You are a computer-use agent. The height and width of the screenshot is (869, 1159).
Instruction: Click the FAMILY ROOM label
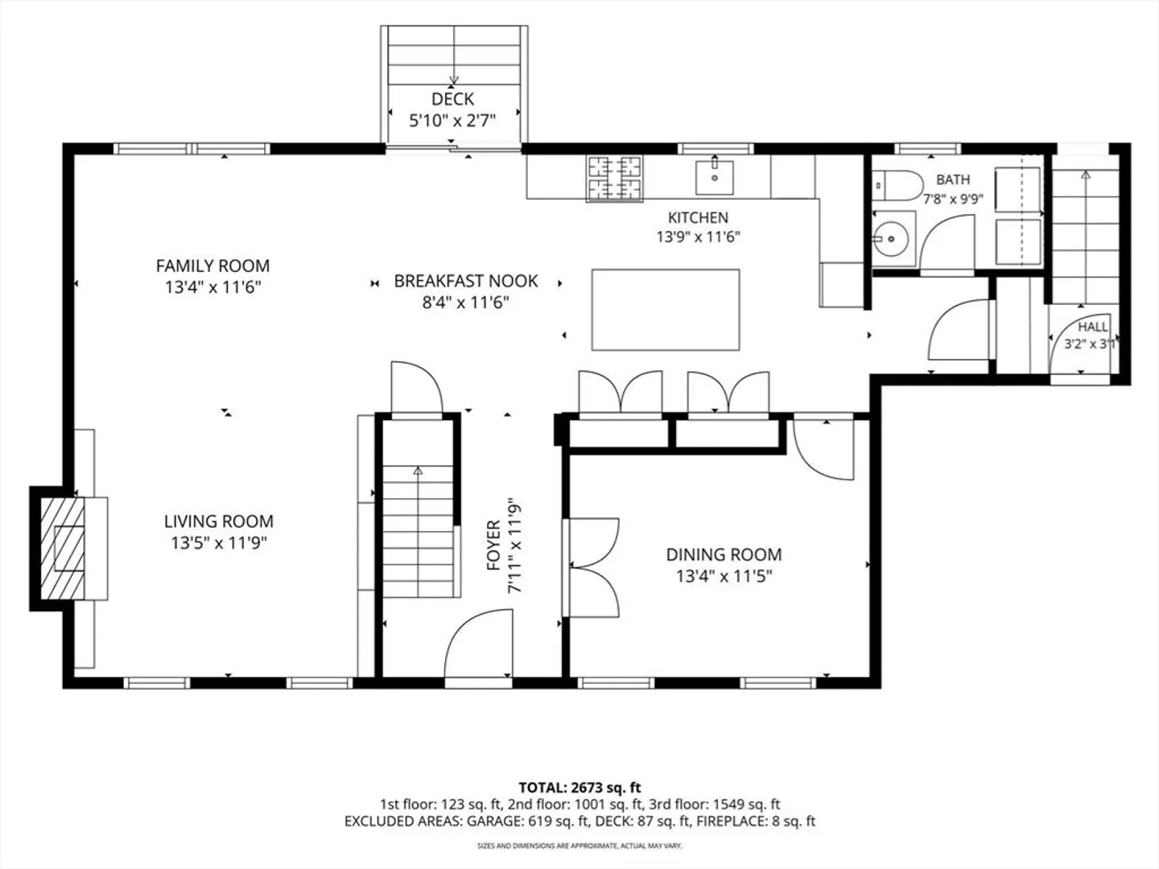(x=212, y=266)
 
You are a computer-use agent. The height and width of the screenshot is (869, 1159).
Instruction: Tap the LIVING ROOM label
(x=219, y=521)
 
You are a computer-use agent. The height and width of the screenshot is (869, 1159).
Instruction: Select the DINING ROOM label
(x=724, y=554)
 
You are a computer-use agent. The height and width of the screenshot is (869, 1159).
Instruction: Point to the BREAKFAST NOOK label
(x=466, y=281)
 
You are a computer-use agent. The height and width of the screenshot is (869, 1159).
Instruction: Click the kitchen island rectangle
(x=666, y=310)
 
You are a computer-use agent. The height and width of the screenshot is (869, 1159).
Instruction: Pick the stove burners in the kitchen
(x=615, y=179)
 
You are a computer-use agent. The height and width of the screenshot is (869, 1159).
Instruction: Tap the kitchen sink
(x=715, y=177)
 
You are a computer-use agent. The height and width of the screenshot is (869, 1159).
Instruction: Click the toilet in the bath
(x=897, y=185)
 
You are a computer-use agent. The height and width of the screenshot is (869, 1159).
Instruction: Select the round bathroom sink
(x=890, y=239)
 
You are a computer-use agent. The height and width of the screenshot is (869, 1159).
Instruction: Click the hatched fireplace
(x=62, y=548)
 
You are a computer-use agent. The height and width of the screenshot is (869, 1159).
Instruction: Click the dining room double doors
(x=592, y=567)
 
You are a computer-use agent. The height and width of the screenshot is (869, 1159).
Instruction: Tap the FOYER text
(x=493, y=545)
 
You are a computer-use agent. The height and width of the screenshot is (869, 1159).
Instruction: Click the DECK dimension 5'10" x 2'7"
(x=452, y=121)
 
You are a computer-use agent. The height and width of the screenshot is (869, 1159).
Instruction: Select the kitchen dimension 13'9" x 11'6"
(x=698, y=237)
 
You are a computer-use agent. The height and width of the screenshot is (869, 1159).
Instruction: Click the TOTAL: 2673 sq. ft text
(x=579, y=787)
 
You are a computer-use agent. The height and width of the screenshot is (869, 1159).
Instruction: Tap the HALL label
(x=1093, y=327)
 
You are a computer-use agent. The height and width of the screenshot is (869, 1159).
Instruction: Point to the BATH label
(x=953, y=179)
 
